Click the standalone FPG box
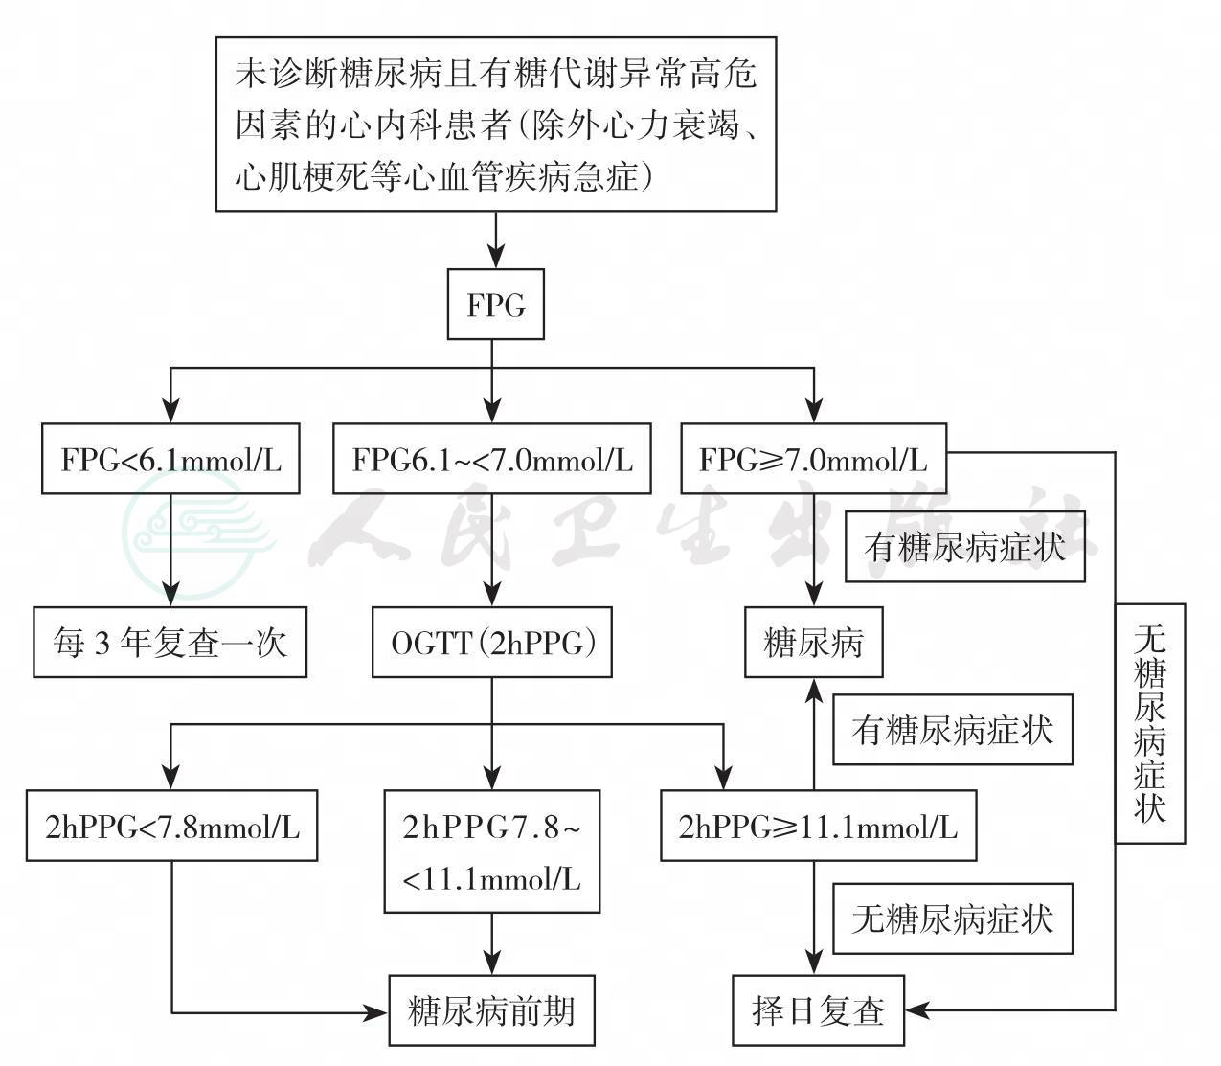pyautogui.click(x=496, y=306)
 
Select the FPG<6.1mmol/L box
pyautogui.click(x=172, y=460)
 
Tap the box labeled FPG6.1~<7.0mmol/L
pyautogui.click(x=492, y=460)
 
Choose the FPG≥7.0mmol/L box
pyautogui.click(x=813, y=460)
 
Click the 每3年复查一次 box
pyautogui.click(x=170, y=643)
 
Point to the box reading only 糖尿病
pyautogui.click(x=814, y=643)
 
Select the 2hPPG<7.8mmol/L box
pyautogui.click(x=172, y=826)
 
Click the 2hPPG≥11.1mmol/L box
pyautogui.click(x=818, y=826)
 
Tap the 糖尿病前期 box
pyautogui.click(x=491, y=1010)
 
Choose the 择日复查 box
pyautogui.click(x=819, y=1010)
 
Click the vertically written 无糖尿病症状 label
pyautogui.click(x=1149, y=723)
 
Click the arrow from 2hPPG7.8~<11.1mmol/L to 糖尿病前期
pyautogui.click(x=492, y=943)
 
